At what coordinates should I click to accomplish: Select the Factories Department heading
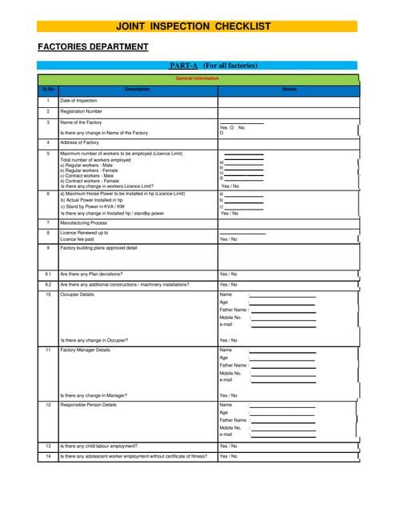[x=93, y=47]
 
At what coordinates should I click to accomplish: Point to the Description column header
[x=138, y=90]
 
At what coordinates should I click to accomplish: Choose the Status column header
[x=289, y=90]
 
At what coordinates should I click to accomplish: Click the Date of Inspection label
[x=78, y=101]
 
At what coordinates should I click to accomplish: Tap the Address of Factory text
[x=79, y=142]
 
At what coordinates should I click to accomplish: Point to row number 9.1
[x=48, y=274]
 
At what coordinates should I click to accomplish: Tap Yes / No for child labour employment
[x=228, y=446]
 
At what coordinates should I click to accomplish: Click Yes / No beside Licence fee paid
[x=228, y=239]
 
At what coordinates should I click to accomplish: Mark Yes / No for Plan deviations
[x=228, y=274]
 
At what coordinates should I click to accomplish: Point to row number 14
[x=48, y=457]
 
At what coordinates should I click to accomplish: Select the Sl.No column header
[x=48, y=90]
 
